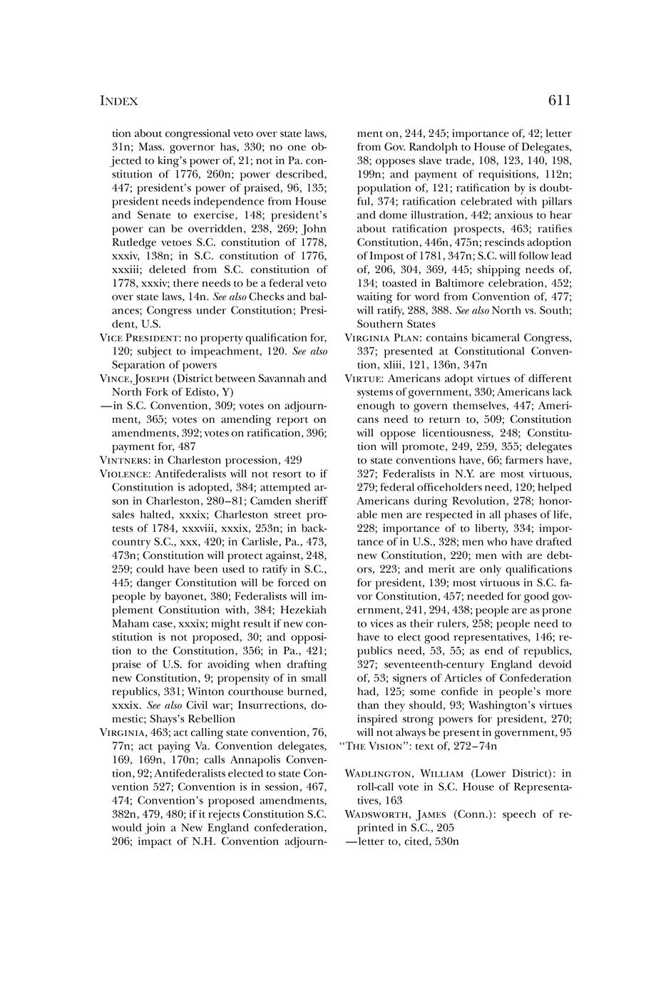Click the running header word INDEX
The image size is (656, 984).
pos(118,101)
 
